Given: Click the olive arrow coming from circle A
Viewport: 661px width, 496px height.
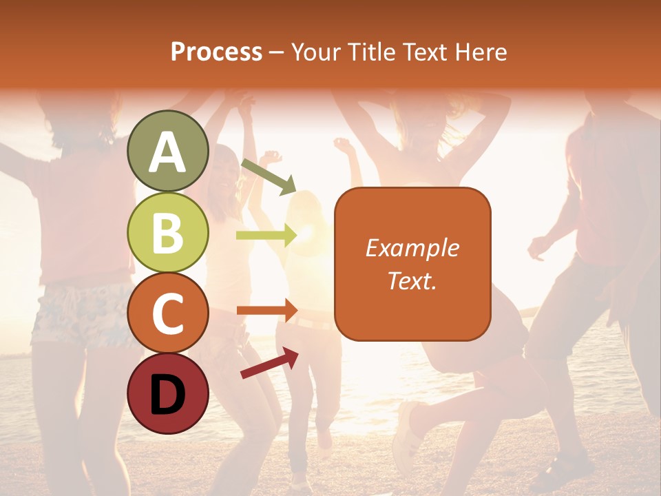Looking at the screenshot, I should (269, 176).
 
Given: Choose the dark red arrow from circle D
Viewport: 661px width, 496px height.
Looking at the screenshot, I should (269, 363).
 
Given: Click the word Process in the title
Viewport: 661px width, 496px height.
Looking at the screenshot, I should (216, 52).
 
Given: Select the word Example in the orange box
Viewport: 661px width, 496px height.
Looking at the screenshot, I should (412, 248).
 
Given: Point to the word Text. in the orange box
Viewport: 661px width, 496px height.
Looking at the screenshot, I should (412, 280).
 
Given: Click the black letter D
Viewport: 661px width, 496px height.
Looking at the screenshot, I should (167, 394).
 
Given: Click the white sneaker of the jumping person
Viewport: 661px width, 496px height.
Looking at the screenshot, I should (407, 427).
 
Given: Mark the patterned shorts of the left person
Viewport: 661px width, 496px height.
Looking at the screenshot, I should (76, 313).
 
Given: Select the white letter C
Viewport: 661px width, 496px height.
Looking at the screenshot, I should (167, 313).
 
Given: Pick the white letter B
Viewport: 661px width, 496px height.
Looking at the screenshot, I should (167, 233).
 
